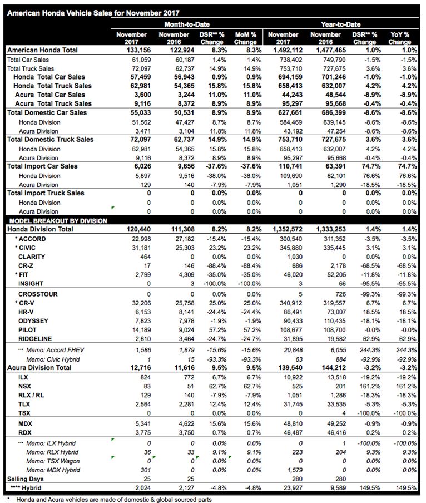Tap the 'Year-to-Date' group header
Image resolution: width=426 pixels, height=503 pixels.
click(x=340, y=24)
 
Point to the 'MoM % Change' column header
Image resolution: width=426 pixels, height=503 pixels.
click(x=245, y=38)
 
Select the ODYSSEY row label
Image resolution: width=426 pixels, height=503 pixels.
click(x=33, y=321)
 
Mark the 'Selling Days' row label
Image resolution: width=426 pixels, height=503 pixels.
click(x=24, y=479)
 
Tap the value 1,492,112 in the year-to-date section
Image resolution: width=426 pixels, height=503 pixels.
click(x=286, y=50)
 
